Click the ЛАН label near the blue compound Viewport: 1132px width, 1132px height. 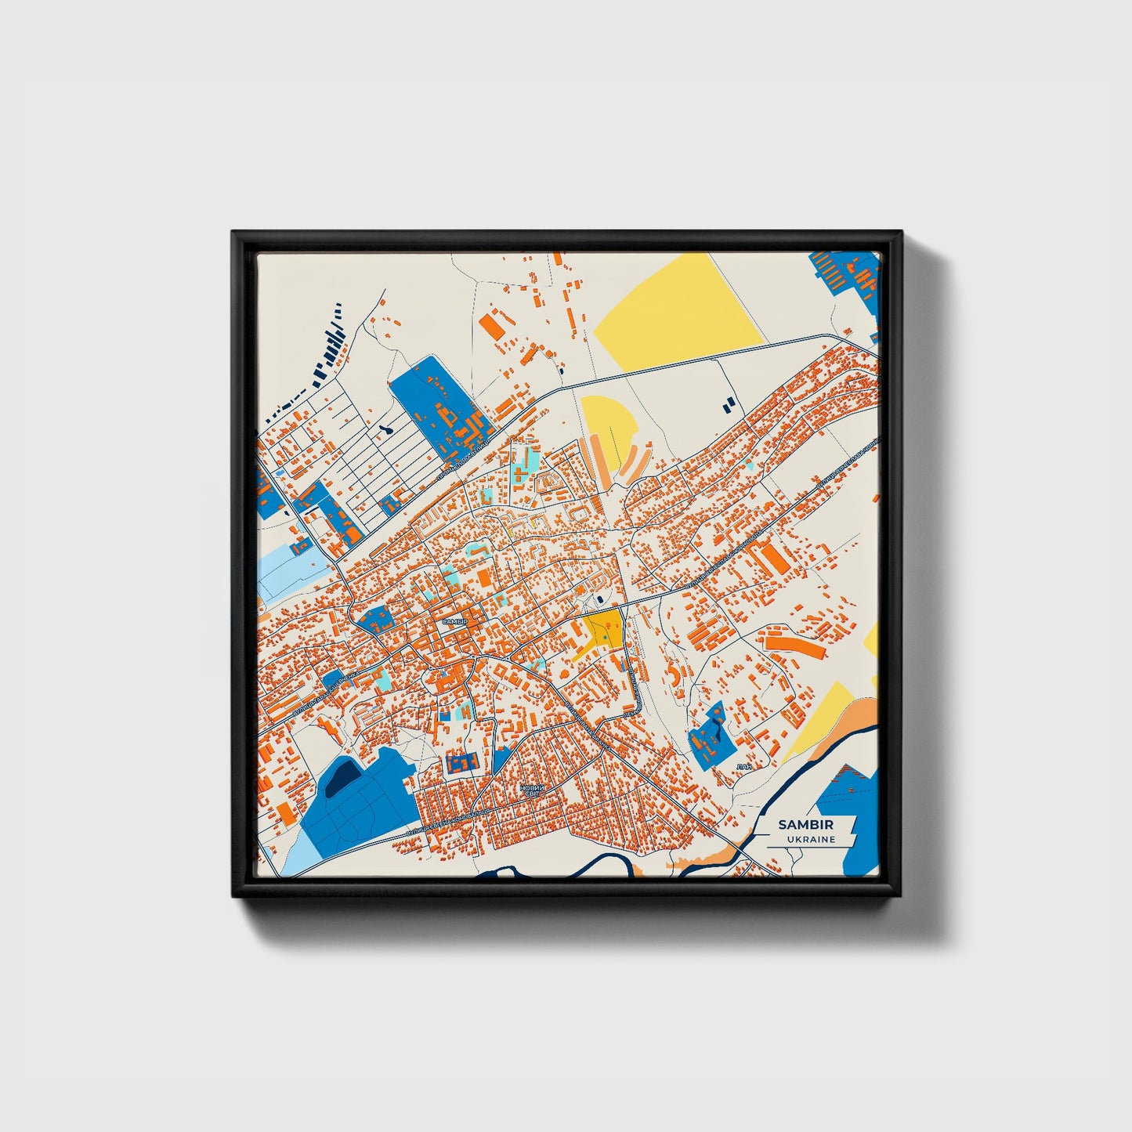pyautogui.click(x=743, y=766)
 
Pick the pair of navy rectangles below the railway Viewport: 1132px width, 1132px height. pyautogui.click(x=729, y=403)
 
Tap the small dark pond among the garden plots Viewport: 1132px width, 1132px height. pyautogui.click(x=385, y=430)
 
